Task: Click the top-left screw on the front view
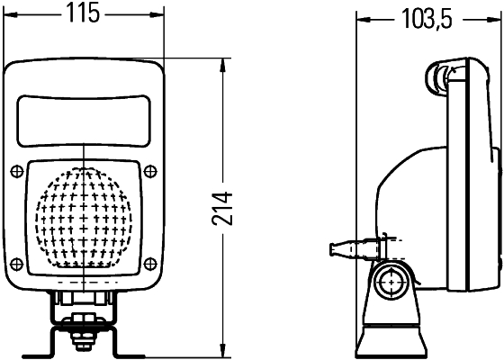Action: pyautogui.click(x=16, y=171)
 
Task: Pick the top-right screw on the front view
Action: pyautogui.click(x=150, y=171)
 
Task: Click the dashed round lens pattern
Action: pyautogui.click(x=84, y=215)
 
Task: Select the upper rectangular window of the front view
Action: pyautogui.click(x=84, y=121)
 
